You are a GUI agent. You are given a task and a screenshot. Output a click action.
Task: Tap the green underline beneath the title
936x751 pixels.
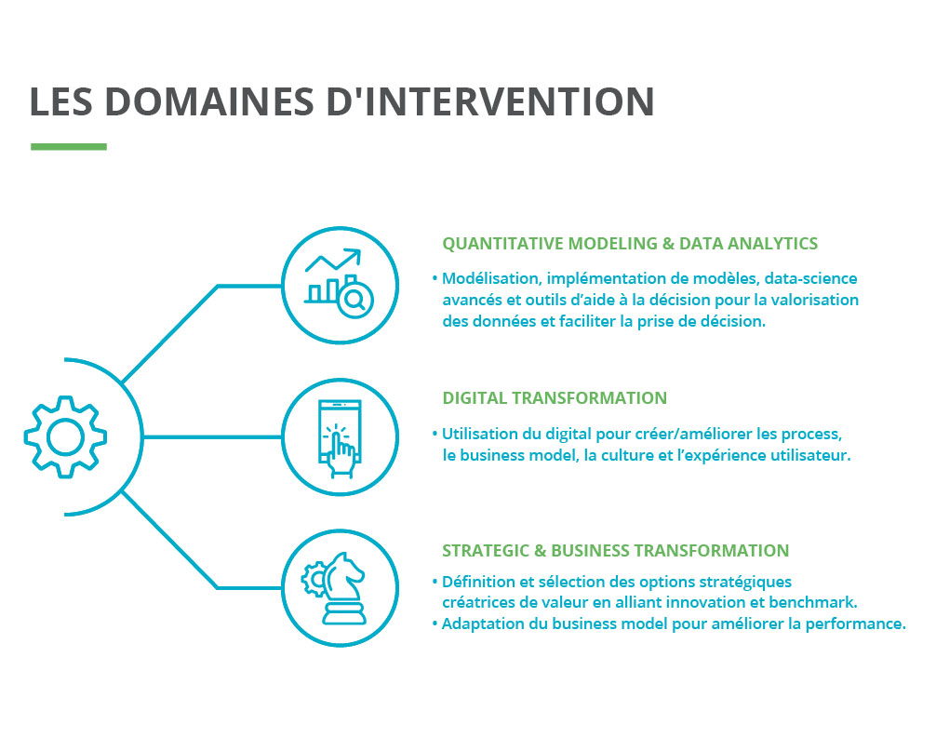[69, 146]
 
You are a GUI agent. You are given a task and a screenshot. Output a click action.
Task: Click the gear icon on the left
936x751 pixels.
[65, 436]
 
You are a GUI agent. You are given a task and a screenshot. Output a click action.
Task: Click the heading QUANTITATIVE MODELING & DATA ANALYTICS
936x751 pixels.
[630, 244]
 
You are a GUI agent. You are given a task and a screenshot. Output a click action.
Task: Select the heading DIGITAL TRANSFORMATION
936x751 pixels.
[555, 398]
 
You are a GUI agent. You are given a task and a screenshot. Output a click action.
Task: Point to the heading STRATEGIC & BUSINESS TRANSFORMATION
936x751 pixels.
[615, 550]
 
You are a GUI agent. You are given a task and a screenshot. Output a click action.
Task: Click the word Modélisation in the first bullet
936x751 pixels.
[490, 278]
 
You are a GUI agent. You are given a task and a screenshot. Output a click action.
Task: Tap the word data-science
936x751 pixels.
[810, 278]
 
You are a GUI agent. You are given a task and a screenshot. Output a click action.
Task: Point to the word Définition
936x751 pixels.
[479, 582]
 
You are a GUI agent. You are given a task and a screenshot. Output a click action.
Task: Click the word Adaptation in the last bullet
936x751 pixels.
[483, 624]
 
